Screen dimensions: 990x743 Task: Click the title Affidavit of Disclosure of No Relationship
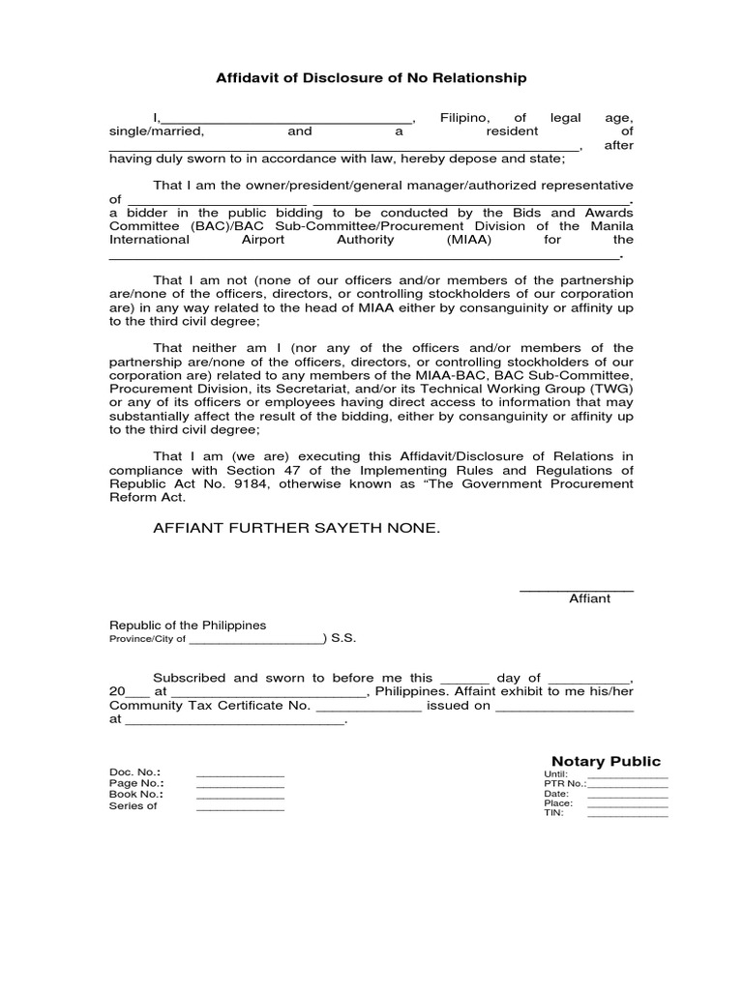pyautogui.click(x=371, y=78)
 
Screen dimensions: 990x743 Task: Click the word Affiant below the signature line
pyautogui.click(x=589, y=598)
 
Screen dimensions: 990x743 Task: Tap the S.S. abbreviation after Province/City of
pyautogui.click(x=343, y=639)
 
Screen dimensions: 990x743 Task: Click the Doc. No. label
pyautogui.click(x=134, y=772)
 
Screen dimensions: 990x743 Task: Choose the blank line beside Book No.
pyautogui.click(x=240, y=797)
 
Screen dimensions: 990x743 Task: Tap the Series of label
pyautogui.click(x=133, y=806)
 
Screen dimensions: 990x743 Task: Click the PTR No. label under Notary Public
pyautogui.click(x=565, y=784)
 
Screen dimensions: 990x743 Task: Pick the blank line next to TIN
pyautogui.click(x=627, y=815)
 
